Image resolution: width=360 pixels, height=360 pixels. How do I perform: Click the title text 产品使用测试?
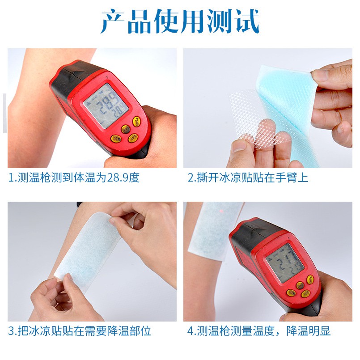[x=180, y=21]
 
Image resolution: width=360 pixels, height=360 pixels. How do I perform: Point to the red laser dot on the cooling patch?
[x=220, y=209]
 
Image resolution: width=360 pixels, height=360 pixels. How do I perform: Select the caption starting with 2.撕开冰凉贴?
[x=248, y=178]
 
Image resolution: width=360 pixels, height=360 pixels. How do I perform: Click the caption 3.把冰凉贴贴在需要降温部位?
[x=80, y=331]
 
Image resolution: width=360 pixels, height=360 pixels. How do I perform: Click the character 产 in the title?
[x=113, y=21]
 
